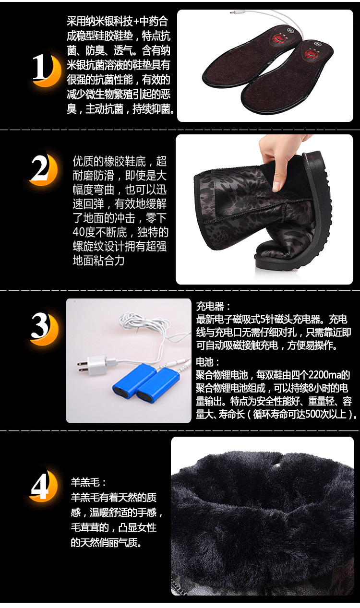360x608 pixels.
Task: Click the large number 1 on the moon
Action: coord(41,66)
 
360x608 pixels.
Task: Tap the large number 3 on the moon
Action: coord(40,325)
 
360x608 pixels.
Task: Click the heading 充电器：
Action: coord(214,307)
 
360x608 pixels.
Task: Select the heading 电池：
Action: coord(208,362)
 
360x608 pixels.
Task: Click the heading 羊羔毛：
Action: coord(88,482)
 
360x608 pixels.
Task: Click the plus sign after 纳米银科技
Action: coord(136,22)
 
